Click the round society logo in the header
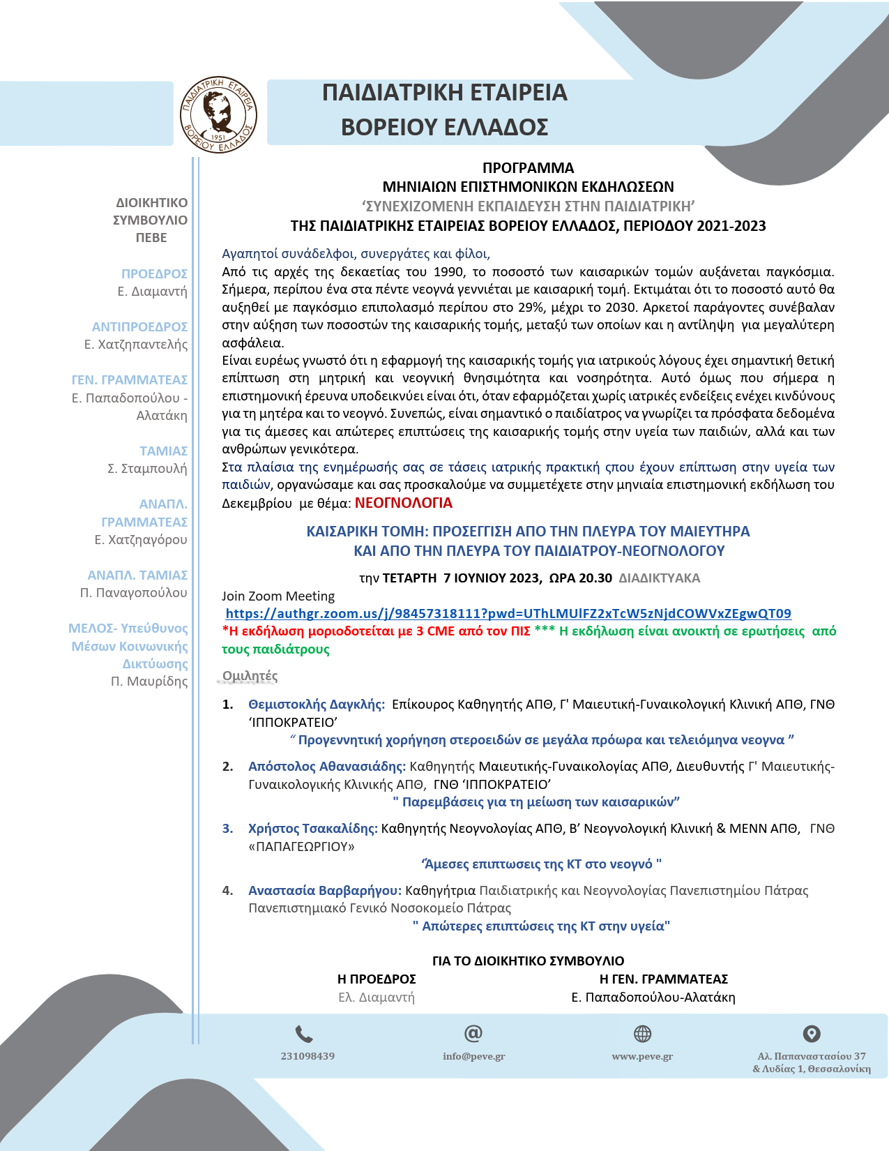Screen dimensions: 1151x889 (218, 115)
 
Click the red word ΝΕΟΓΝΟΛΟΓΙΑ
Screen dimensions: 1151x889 (403, 503)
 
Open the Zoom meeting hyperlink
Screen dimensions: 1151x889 (508, 614)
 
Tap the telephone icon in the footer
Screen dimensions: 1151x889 (304, 1034)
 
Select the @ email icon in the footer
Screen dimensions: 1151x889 (473, 1033)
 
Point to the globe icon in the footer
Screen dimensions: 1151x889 (642, 1034)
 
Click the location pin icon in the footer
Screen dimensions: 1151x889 (812, 1034)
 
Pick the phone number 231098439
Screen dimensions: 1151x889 (307, 1056)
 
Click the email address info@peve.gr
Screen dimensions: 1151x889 (473, 1056)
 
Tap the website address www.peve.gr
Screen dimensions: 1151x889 (642, 1056)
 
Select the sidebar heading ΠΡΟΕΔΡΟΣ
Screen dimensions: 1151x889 (154, 274)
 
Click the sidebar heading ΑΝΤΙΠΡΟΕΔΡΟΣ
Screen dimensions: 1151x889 (139, 327)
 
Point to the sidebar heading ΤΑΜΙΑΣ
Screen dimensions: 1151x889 (163, 451)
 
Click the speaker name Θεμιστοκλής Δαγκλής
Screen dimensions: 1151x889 (316, 705)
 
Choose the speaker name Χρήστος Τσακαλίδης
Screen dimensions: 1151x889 (312, 829)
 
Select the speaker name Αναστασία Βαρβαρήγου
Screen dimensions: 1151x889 (324, 891)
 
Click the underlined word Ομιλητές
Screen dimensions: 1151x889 (250, 676)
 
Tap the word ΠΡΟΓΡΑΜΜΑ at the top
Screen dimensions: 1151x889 (528, 168)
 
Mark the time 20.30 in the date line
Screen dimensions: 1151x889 (595, 578)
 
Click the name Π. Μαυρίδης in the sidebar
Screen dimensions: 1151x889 (149, 682)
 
